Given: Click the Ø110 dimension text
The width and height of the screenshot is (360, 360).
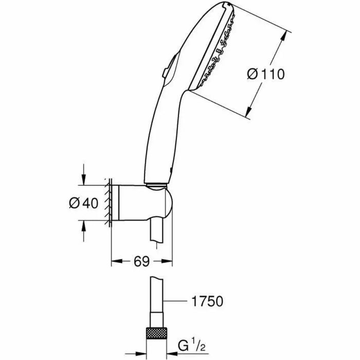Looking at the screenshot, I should click(x=265, y=75).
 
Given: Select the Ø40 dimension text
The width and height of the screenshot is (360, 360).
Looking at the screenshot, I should click(x=83, y=203).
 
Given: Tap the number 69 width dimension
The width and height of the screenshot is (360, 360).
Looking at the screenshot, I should click(x=142, y=262).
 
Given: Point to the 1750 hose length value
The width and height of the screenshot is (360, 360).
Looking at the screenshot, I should click(x=206, y=301).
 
